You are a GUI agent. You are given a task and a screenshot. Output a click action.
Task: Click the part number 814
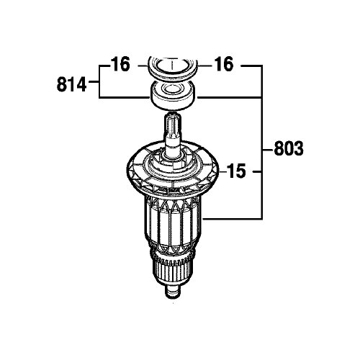coord(71,86)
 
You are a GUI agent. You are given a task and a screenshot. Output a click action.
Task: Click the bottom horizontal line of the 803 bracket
coord(234,217)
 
